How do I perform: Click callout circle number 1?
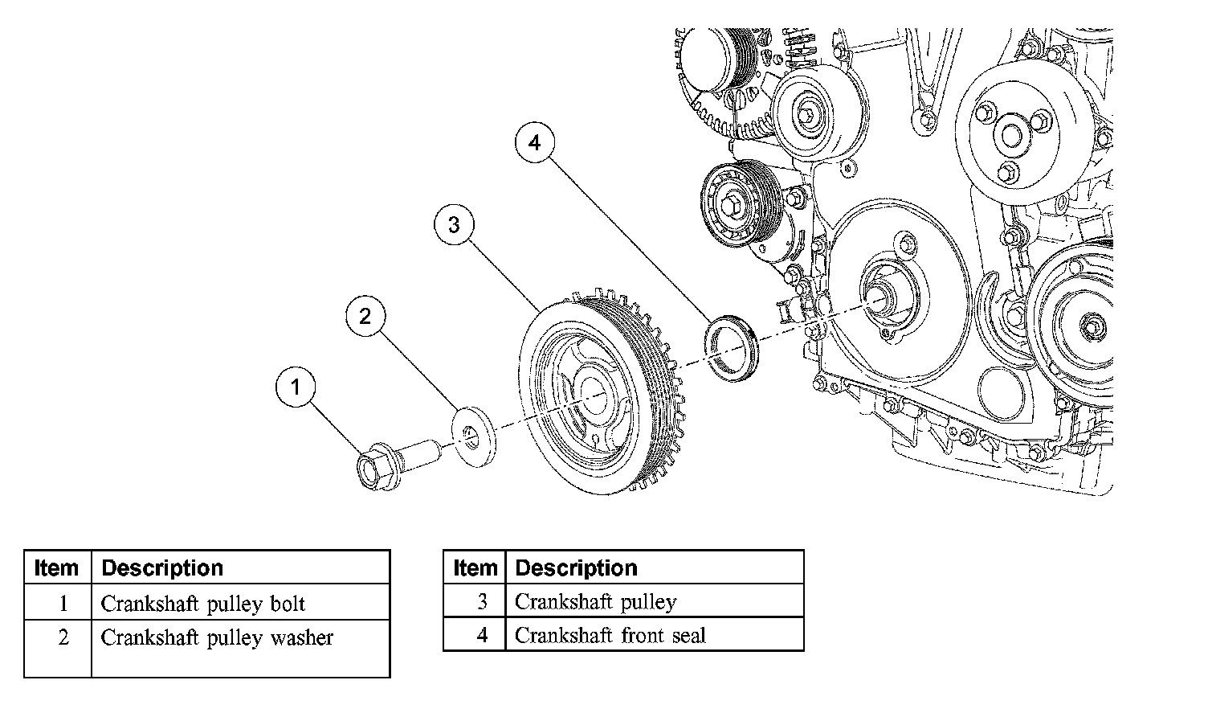pyautogui.click(x=296, y=387)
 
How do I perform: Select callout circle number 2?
pyautogui.click(x=365, y=316)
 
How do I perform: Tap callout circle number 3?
pyautogui.click(x=454, y=224)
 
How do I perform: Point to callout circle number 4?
pyautogui.click(x=534, y=143)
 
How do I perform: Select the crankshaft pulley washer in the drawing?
pyautogui.click(x=474, y=437)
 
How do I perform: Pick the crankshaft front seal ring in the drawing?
pyautogui.click(x=731, y=349)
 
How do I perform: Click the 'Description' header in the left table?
pyautogui.click(x=162, y=568)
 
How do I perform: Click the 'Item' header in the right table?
pyautogui.click(x=475, y=568)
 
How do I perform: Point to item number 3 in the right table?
pyautogui.click(x=482, y=601)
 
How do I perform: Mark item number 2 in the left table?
pyautogui.click(x=63, y=637)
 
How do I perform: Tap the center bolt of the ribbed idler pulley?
pyautogui.click(x=734, y=204)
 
